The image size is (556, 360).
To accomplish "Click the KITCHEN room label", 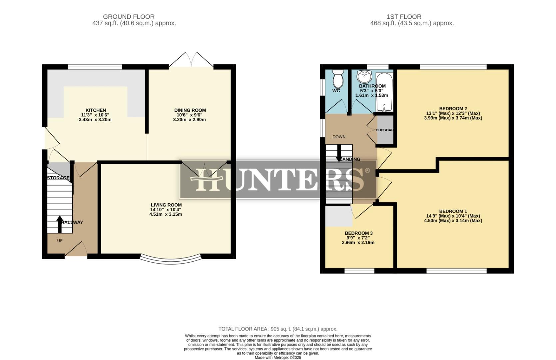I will tap(96, 110).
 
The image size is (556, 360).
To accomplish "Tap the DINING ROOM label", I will tap(190, 110).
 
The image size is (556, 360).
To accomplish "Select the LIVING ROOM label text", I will tap(166, 205).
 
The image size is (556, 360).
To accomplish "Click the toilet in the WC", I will tap(338, 79).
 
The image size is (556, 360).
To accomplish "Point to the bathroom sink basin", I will tap(364, 77).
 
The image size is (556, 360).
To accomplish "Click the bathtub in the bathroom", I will tap(384, 92).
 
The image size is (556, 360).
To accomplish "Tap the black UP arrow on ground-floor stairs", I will tap(60, 224).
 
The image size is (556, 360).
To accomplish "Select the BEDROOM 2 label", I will tap(453, 109).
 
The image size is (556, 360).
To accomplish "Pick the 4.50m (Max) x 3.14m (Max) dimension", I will tap(453, 221).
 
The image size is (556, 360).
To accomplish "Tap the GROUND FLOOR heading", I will tap(129, 17).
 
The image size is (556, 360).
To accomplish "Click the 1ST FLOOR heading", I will tap(404, 17).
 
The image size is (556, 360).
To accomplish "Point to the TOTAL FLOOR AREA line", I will tap(278, 329).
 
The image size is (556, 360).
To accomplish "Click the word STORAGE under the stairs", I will tap(58, 178).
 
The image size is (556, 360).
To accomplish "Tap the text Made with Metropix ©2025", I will tap(278, 358).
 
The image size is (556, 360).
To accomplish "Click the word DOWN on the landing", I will tap(339, 137).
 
